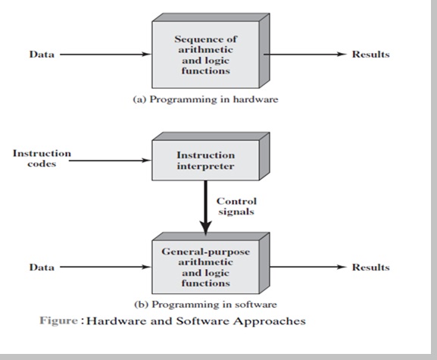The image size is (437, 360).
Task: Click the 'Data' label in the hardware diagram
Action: pos(41,55)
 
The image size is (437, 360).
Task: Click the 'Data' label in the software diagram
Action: pos(41,267)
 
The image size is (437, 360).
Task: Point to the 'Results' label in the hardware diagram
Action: pos(370,55)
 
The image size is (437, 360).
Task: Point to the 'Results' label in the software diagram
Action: pos(370,267)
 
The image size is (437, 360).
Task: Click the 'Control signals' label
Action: pos(236,206)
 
